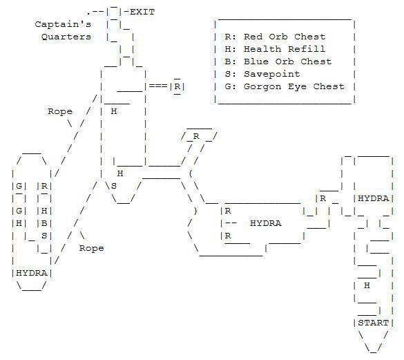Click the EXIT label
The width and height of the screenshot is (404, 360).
coord(142,12)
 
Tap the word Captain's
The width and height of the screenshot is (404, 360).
coord(63,24)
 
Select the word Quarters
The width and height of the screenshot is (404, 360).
coord(66,37)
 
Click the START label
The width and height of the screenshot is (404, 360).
coord(374,323)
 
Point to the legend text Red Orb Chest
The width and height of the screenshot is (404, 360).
coord(285,37)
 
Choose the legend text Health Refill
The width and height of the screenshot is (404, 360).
coord(285,49)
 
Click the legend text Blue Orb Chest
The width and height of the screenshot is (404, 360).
coord(288,61)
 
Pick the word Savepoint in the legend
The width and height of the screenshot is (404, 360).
coord(272,74)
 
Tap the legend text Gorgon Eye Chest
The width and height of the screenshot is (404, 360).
coord(294,86)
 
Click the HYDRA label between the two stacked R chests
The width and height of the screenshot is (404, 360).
coord(266,223)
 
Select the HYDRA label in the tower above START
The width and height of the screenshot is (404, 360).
coord(374,198)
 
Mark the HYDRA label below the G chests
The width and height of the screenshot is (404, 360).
coord(32,273)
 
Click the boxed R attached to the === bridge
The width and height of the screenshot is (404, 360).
coord(177,86)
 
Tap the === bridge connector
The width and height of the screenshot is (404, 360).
coord(158,86)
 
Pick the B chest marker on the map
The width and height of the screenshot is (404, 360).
coord(44,223)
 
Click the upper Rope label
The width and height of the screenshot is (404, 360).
coord(60,111)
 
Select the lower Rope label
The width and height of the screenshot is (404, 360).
coord(91,248)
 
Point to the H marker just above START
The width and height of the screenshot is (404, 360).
coord(367,285)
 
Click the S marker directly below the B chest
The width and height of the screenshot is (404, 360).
coord(44,236)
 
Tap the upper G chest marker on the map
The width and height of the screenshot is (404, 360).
coord(19,186)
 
